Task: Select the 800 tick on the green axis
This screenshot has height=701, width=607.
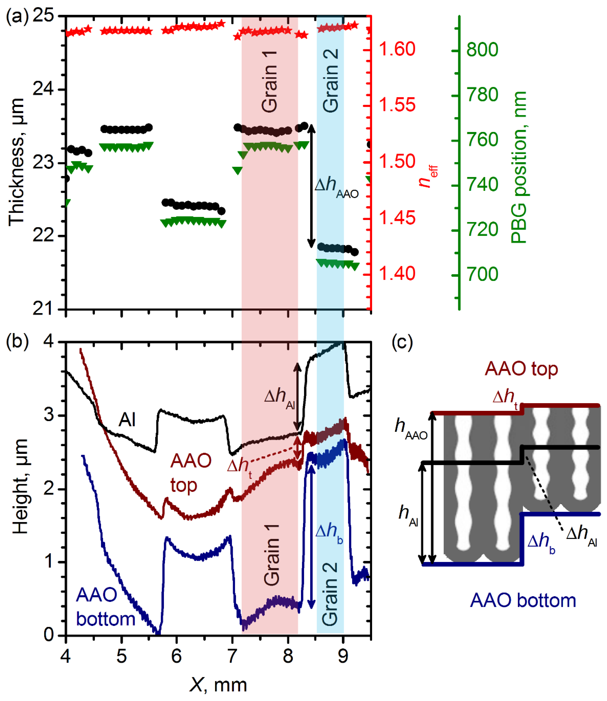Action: (482, 50)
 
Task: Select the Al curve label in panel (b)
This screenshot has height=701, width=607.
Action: (127, 420)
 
